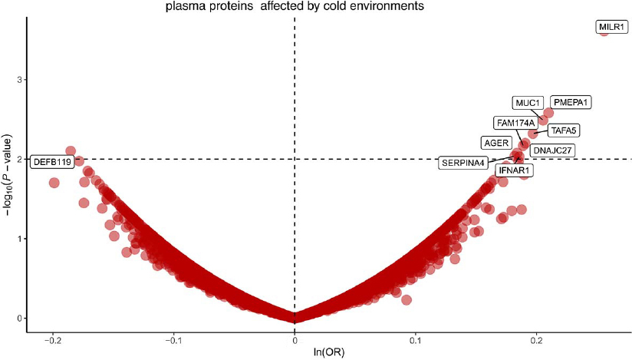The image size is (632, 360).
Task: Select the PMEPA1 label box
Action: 572,102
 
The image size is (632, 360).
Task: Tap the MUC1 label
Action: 528,102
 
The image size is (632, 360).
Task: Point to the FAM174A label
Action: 515,123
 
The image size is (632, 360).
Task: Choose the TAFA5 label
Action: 564,130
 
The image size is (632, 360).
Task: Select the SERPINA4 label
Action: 463,163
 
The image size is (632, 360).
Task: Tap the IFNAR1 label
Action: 513,170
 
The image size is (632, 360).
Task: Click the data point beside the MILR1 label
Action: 604,31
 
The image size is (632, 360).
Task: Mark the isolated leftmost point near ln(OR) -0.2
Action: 54,183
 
